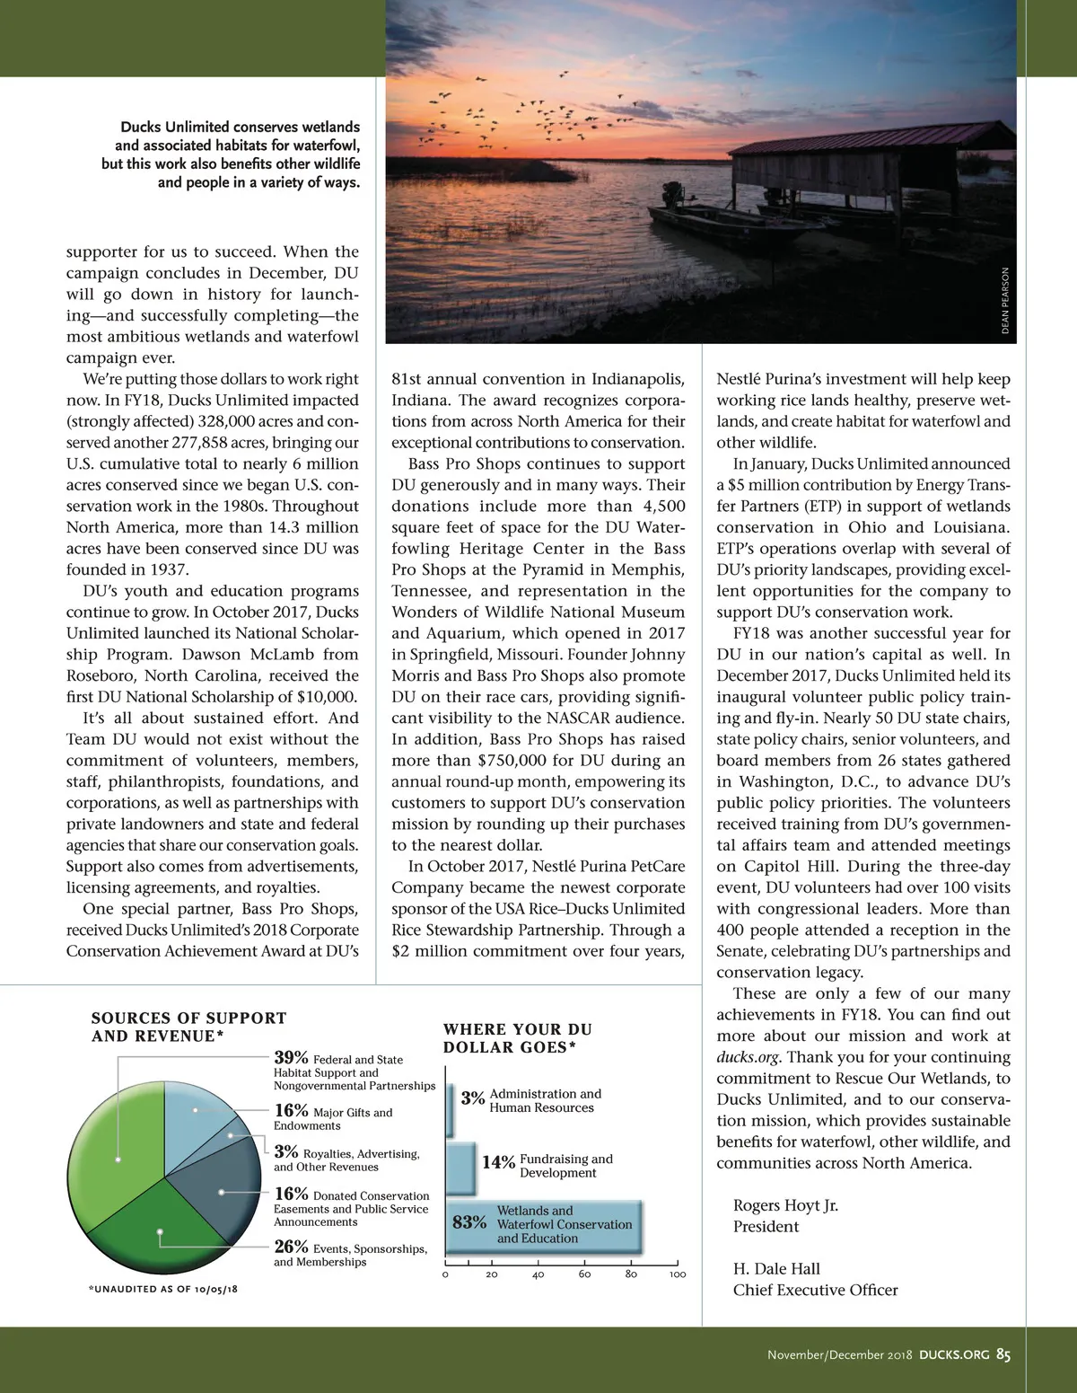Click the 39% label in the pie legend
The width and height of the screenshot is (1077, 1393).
tap(292, 1059)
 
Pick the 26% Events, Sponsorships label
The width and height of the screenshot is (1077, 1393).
tap(350, 1253)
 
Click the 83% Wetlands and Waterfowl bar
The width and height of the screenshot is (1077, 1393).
tap(544, 1224)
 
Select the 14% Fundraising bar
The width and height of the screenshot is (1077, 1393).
tap(461, 1167)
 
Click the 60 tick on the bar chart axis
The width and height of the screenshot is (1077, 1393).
tap(585, 1274)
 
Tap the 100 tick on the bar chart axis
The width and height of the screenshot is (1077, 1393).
tap(678, 1274)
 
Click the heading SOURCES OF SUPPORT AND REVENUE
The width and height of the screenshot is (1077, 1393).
tap(188, 1027)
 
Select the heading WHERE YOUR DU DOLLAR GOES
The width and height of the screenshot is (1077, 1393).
tap(518, 1038)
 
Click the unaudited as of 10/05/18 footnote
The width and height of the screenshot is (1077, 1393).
tap(163, 1289)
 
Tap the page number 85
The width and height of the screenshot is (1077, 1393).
tap(1003, 1355)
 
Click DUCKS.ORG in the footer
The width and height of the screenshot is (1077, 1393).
tap(954, 1355)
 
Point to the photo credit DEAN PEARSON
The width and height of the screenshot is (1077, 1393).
tap(1005, 301)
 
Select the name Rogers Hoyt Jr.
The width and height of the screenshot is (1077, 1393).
tap(785, 1205)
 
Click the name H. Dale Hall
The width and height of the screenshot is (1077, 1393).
tap(776, 1268)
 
